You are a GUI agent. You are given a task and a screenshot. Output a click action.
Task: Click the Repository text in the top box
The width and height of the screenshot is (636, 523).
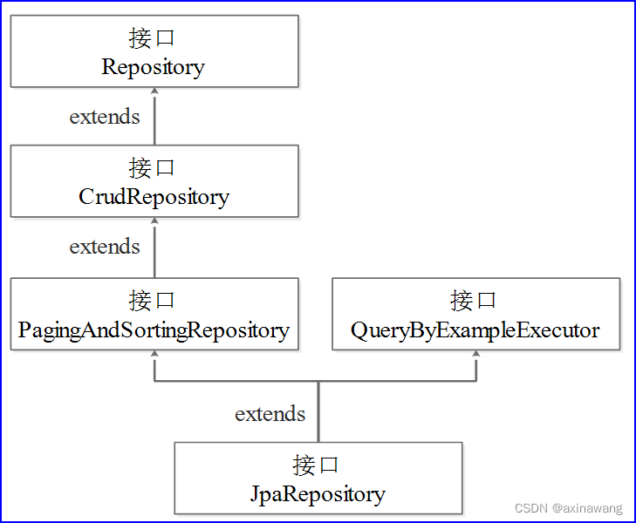click(x=154, y=67)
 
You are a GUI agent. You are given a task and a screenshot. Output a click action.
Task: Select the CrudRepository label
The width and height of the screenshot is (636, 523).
click(x=154, y=197)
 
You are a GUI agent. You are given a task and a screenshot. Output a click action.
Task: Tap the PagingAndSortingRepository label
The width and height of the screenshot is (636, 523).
click(x=154, y=330)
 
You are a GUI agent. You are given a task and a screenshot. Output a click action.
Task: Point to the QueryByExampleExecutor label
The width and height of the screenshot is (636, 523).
click(x=475, y=330)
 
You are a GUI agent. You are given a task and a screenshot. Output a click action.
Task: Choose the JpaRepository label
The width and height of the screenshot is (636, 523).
click(x=318, y=494)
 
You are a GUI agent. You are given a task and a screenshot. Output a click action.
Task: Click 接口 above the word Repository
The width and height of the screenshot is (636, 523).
click(x=153, y=38)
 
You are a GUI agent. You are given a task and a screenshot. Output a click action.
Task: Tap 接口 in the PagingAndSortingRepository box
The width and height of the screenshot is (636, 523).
click(x=153, y=301)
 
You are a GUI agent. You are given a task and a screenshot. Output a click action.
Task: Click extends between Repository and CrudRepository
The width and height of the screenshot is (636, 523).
click(x=105, y=117)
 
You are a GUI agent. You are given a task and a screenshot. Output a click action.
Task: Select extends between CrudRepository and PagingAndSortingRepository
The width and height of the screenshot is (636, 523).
click(x=105, y=247)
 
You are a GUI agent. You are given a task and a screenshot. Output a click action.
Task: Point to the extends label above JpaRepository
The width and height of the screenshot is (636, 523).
click(x=270, y=413)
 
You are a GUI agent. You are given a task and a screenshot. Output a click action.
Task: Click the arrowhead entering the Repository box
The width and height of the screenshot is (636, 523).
click(x=154, y=91)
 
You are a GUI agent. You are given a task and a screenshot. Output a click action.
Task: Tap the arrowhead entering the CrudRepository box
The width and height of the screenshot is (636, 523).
click(x=154, y=221)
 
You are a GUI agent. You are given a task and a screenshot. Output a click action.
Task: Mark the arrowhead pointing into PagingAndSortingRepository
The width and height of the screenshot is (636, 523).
click(x=154, y=354)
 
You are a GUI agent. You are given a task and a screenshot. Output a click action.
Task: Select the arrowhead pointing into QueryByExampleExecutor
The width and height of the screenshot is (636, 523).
click(x=476, y=354)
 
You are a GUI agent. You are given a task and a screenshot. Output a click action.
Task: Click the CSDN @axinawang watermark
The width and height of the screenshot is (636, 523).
click(x=569, y=508)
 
